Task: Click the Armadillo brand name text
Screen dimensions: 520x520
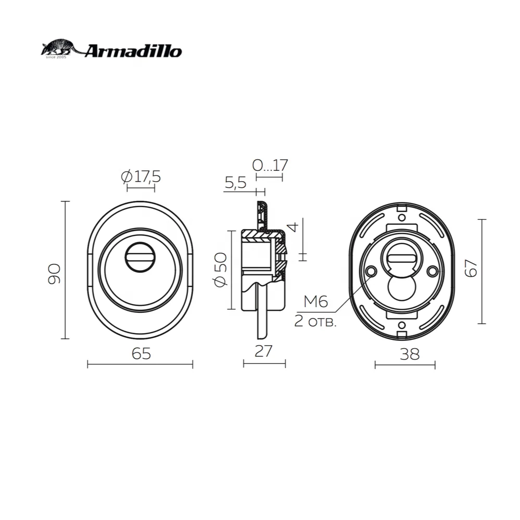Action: pyautogui.click(x=133, y=51)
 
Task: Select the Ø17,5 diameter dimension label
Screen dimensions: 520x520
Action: pyautogui.click(x=141, y=177)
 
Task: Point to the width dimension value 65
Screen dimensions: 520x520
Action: pyautogui.click(x=141, y=353)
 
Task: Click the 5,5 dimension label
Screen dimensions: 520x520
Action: pyautogui.click(x=235, y=183)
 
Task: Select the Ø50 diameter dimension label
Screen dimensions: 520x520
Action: pyautogui.click(x=220, y=269)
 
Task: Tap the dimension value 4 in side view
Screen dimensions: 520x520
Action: pyautogui.click(x=293, y=227)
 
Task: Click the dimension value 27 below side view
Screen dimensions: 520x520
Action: pyautogui.click(x=264, y=351)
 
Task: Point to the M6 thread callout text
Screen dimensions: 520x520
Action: pyautogui.click(x=315, y=301)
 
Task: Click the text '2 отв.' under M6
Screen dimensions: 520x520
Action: pyautogui.click(x=315, y=321)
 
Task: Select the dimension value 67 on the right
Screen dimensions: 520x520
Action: pyautogui.click(x=472, y=269)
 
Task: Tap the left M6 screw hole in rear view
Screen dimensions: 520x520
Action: pyautogui.click(x=371, y=272)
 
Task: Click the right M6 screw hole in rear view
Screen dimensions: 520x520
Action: pyautogui.click(x=432, y=272)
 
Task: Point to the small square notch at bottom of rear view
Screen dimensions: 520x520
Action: pyautogui.click(x=401, y=327)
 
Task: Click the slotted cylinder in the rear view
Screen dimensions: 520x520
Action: pyautogui.click(x=401, y=258)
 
